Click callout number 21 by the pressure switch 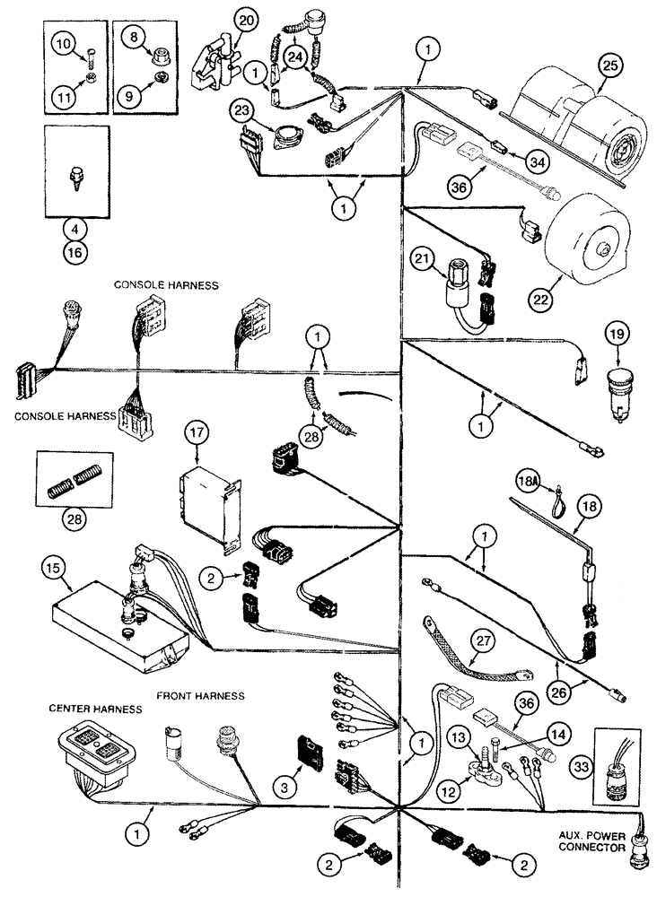tap(422, 261)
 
